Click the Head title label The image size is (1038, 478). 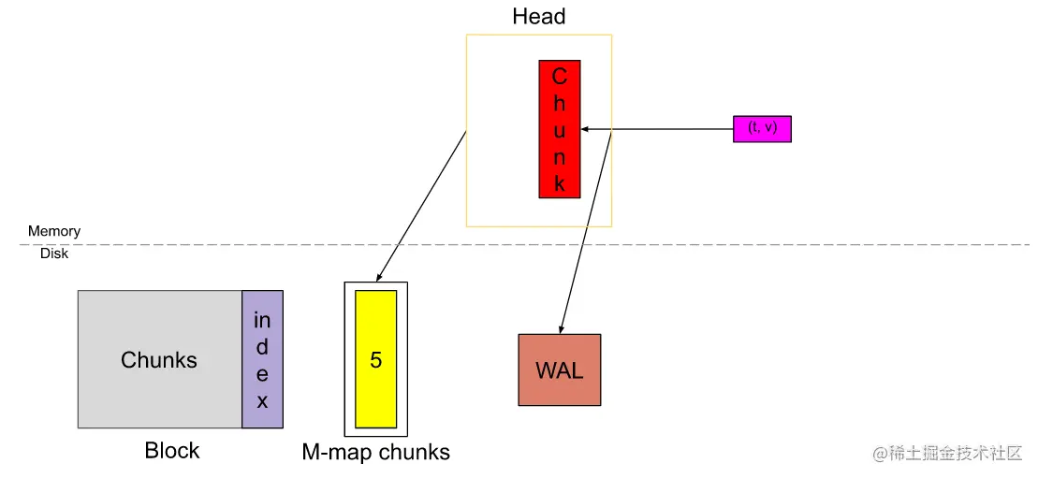point(538,17)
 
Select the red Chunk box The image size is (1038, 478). point(559,129)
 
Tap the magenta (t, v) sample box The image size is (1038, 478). point(762,128)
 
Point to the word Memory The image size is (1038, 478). point(54,231)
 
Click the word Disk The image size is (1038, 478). point(54,253)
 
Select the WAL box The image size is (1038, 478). point(559,369)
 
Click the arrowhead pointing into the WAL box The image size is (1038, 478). point(561,328)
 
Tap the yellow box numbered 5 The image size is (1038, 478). point(375,358)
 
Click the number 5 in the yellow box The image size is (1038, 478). point(375,360)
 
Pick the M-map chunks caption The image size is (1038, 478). point(375,453)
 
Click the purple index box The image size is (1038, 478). point(262,359)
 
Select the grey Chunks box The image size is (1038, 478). point(159,359)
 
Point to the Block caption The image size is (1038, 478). point(172,451)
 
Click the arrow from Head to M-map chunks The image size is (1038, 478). point(421,207)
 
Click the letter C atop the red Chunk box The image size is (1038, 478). point(559,77)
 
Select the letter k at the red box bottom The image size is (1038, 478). point(559,183)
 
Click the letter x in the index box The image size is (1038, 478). point(262,402)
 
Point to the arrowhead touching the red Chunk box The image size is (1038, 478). point(585,129)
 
